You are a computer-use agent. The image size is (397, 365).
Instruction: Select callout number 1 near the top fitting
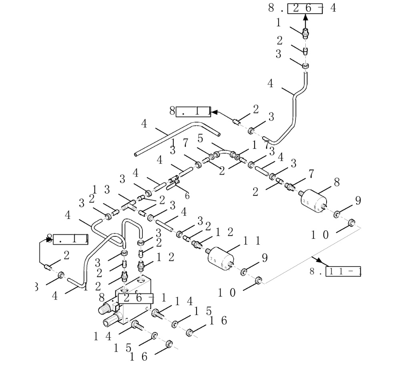279,23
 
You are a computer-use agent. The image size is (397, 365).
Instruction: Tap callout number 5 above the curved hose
200,138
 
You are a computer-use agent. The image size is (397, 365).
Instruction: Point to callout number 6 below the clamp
186,196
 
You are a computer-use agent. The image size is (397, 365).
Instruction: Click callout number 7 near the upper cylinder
311,173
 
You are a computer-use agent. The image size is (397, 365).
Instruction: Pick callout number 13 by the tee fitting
101,190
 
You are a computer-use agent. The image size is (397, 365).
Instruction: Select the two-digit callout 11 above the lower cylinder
252,240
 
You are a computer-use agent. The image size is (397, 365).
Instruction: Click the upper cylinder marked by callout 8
315,200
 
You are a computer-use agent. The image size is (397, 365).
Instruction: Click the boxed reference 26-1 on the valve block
136,298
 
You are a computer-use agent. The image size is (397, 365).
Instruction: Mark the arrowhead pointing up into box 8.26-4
306,17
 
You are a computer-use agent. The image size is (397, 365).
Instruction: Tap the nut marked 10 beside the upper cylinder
353,222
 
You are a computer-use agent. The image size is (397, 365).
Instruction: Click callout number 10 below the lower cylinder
226,292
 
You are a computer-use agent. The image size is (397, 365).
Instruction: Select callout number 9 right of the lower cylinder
265,258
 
